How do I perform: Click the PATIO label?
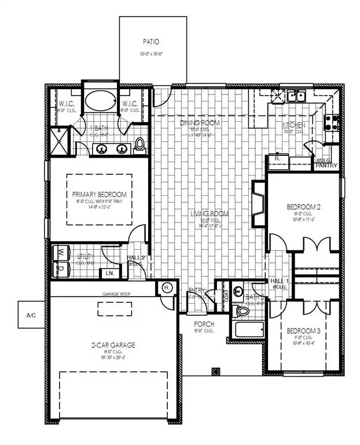coord(152,42)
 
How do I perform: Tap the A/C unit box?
coord(30,316)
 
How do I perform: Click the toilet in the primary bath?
coord(140,147)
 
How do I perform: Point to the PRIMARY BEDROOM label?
coord(100,195)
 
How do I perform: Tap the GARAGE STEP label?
coord(117,294)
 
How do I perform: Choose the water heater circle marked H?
coord(167,288)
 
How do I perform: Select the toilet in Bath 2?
coord(243,312)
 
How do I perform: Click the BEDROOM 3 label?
coord(304,332)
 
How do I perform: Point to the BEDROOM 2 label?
coord(304,206)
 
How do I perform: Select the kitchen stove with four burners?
coord(332,122)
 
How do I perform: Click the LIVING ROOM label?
coord(210,214)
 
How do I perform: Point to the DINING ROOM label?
coord(198,123)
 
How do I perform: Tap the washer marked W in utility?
coord(60,253)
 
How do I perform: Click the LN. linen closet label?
coord(109,273)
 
